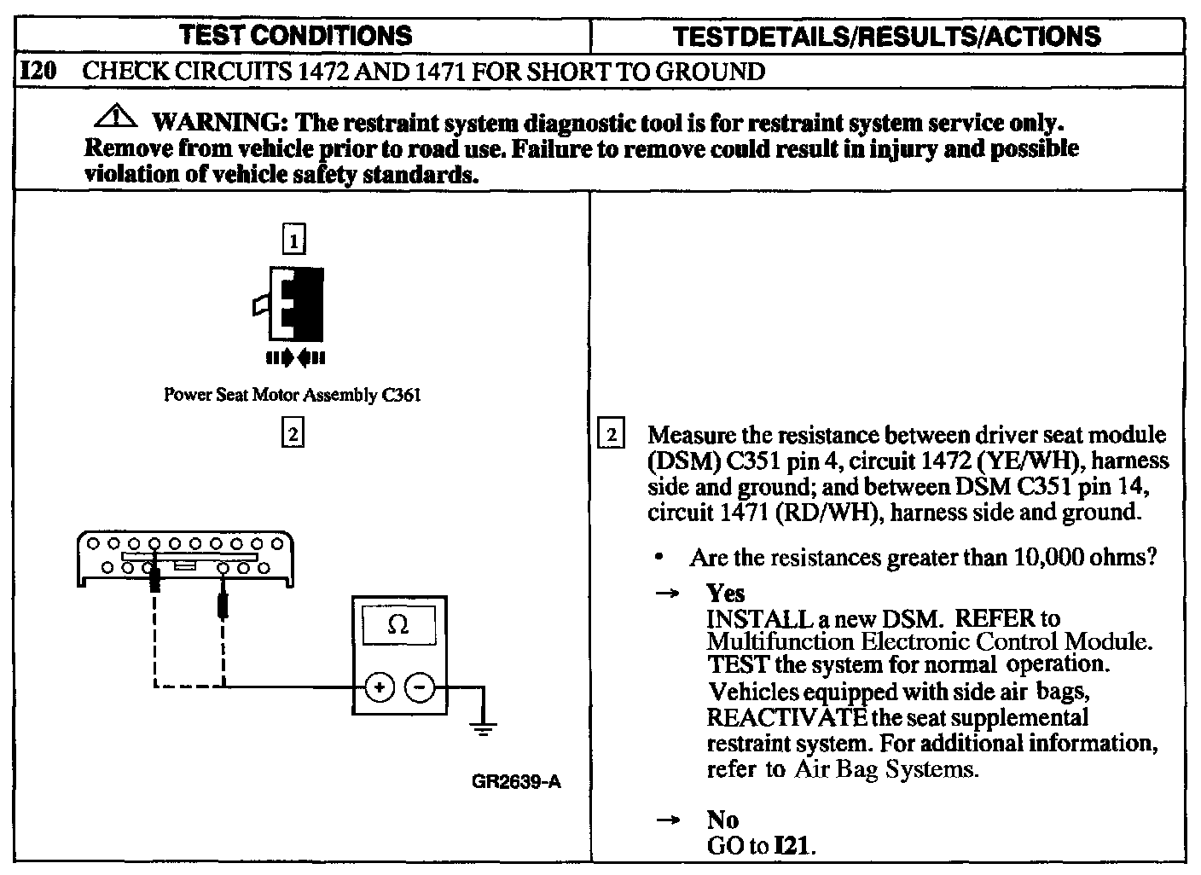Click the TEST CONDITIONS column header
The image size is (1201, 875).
[x=297, y=35]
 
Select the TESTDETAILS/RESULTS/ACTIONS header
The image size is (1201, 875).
[x=886, y=36]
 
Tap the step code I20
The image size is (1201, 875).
[x=38, y=71]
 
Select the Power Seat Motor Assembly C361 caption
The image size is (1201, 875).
[x=292, y=395]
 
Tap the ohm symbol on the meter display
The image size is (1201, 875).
[x=397, y=625]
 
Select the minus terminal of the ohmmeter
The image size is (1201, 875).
[x=419, y=687]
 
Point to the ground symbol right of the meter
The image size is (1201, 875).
[x=484, y=727]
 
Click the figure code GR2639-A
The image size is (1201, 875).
[x=515, y=782]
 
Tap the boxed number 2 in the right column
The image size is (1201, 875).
[x=612, y=435]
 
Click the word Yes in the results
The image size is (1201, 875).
[x=725, y=593]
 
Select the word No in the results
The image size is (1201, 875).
[x=722, y=820]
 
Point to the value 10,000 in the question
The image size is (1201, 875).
[x=1049, y=558]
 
